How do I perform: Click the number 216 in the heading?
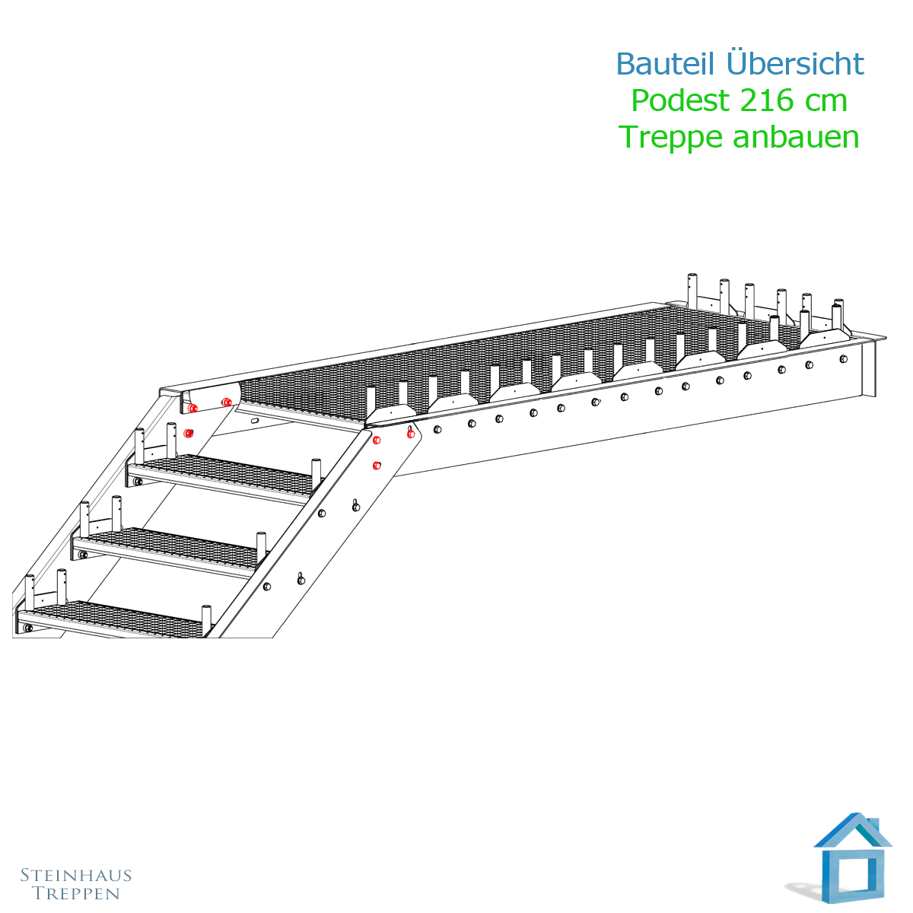[x=767, y=100]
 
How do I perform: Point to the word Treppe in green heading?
[x=670, y=138]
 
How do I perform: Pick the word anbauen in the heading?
[x=796, y=138]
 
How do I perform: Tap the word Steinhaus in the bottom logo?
[x=76, y=875]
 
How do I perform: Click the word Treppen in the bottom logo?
[x=76, y=893]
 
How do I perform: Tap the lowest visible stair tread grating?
[x=113, y=621]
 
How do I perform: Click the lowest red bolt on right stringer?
[x=377, y=466]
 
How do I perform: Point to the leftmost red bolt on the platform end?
[x=192, y=408]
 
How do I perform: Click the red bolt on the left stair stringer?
[x=189, y=433]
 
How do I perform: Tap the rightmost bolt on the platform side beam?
[x=843, y=358]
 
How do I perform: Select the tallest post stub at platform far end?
[x=692, y=290]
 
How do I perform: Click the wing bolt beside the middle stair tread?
[x=355, y=506]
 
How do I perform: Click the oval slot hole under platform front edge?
[x=254, y=420]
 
